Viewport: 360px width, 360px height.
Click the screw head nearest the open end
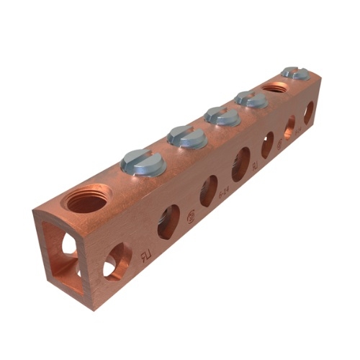(143, 161)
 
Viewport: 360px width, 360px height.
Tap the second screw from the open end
(187, 135)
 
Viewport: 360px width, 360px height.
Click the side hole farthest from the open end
(308, 113)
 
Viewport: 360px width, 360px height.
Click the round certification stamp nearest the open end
(192, 215)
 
